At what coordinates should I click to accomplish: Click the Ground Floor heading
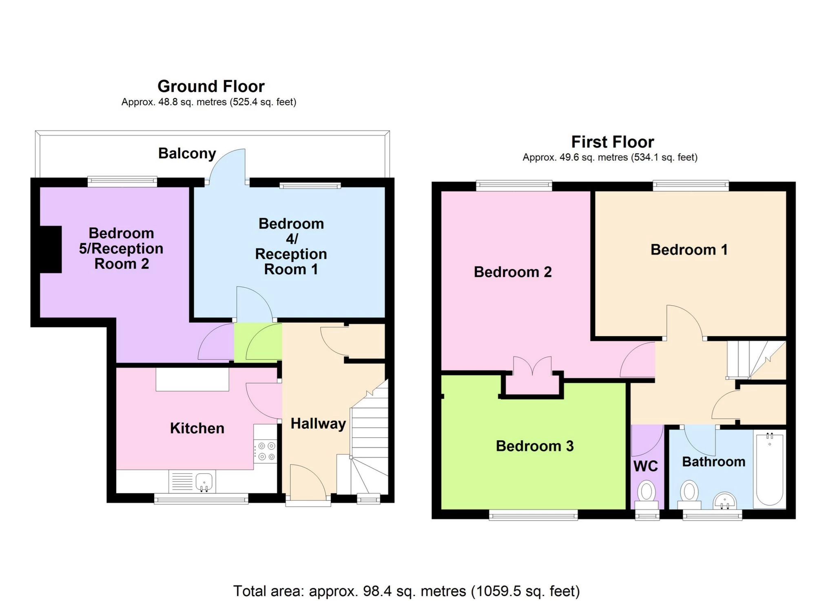coord(211,86)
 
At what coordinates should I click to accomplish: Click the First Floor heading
coord(612,142)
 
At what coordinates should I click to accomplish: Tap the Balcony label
coord(187,153)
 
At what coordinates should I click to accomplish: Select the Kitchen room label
coord(197,428)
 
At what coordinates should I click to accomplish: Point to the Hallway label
coord(318,424)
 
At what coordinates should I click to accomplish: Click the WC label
coord(646,466)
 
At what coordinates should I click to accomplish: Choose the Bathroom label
coord(714,461)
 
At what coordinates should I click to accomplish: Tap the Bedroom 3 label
coord(535,446)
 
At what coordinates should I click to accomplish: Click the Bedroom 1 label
coord(689,250)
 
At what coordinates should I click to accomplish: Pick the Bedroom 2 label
coord(513,272)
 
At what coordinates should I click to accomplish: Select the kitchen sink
coord(204,482)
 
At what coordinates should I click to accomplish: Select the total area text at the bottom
coord(406,591)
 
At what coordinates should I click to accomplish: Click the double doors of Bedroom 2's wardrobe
coord(532,366)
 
